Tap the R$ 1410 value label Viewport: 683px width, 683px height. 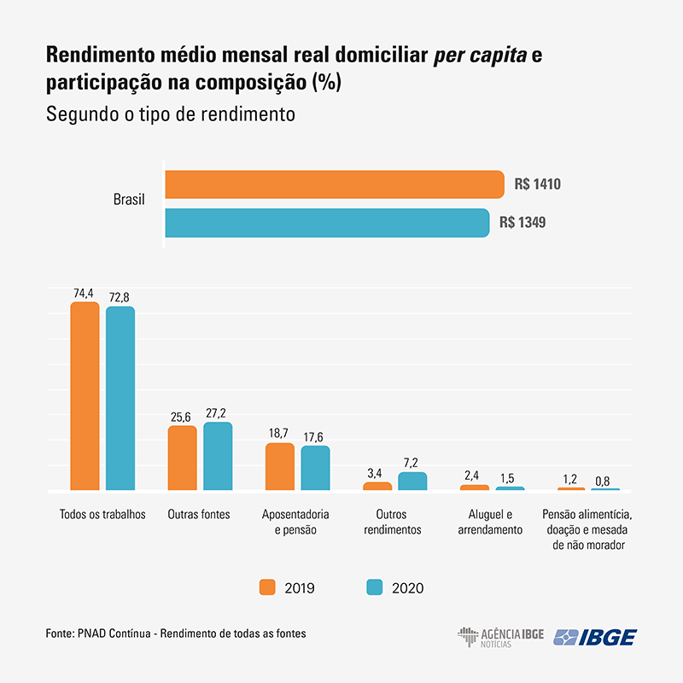point(537,184)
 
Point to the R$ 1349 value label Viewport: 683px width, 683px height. point(522,223)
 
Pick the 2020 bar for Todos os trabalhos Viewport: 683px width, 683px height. point(120,400)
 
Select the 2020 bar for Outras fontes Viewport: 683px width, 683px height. point(218,457)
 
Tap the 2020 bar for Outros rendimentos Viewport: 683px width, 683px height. point(412,482)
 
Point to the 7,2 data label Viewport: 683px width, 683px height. point(412,463)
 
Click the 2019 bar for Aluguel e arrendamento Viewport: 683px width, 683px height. point(475,487)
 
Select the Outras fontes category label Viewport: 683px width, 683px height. point(199,515)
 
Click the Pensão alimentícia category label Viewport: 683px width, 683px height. point(587,529)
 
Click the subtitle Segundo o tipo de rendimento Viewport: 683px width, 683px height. point(170,114)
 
